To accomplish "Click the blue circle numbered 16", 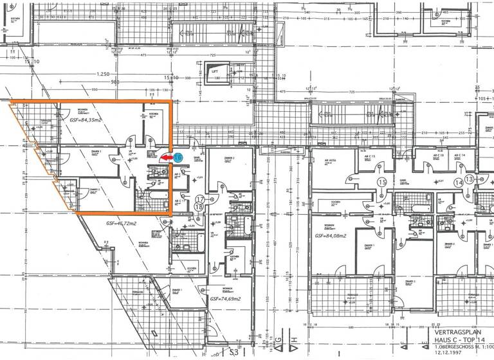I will click(x=178, y=157).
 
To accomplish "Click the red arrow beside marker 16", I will click(x=166, y=157).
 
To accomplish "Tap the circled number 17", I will click(x=199, y=199).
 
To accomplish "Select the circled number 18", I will click(x=199, y=207).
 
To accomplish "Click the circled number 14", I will click(x=459, y=183).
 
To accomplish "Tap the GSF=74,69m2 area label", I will click(x=224, y=300).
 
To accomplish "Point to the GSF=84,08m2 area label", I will click(x=333, y=236).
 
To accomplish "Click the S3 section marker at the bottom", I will click(x=237, y=352).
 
